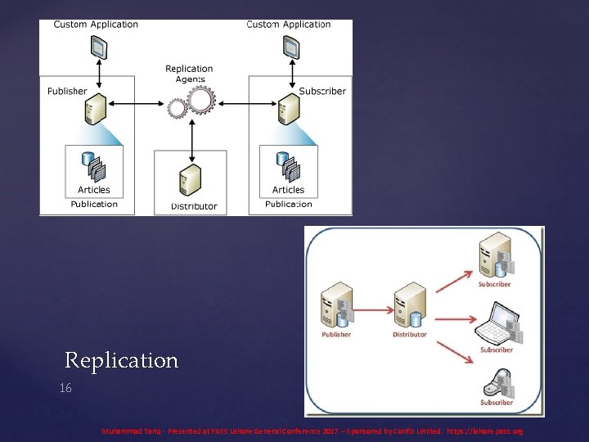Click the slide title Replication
pos(121,360)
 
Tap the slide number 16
pos(65,389)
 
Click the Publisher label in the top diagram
pos(67,91)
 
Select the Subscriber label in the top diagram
pos(322,91)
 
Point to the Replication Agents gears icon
pos(191,102)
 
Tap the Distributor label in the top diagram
pos(194,206)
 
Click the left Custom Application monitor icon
pos(98,50)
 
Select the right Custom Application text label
pos(289,25)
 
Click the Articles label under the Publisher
pos(94,191)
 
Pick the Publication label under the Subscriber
pos(289,204)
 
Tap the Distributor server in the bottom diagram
pos(408,304)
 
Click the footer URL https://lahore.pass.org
pos(485,431)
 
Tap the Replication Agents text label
pos(189,74)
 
